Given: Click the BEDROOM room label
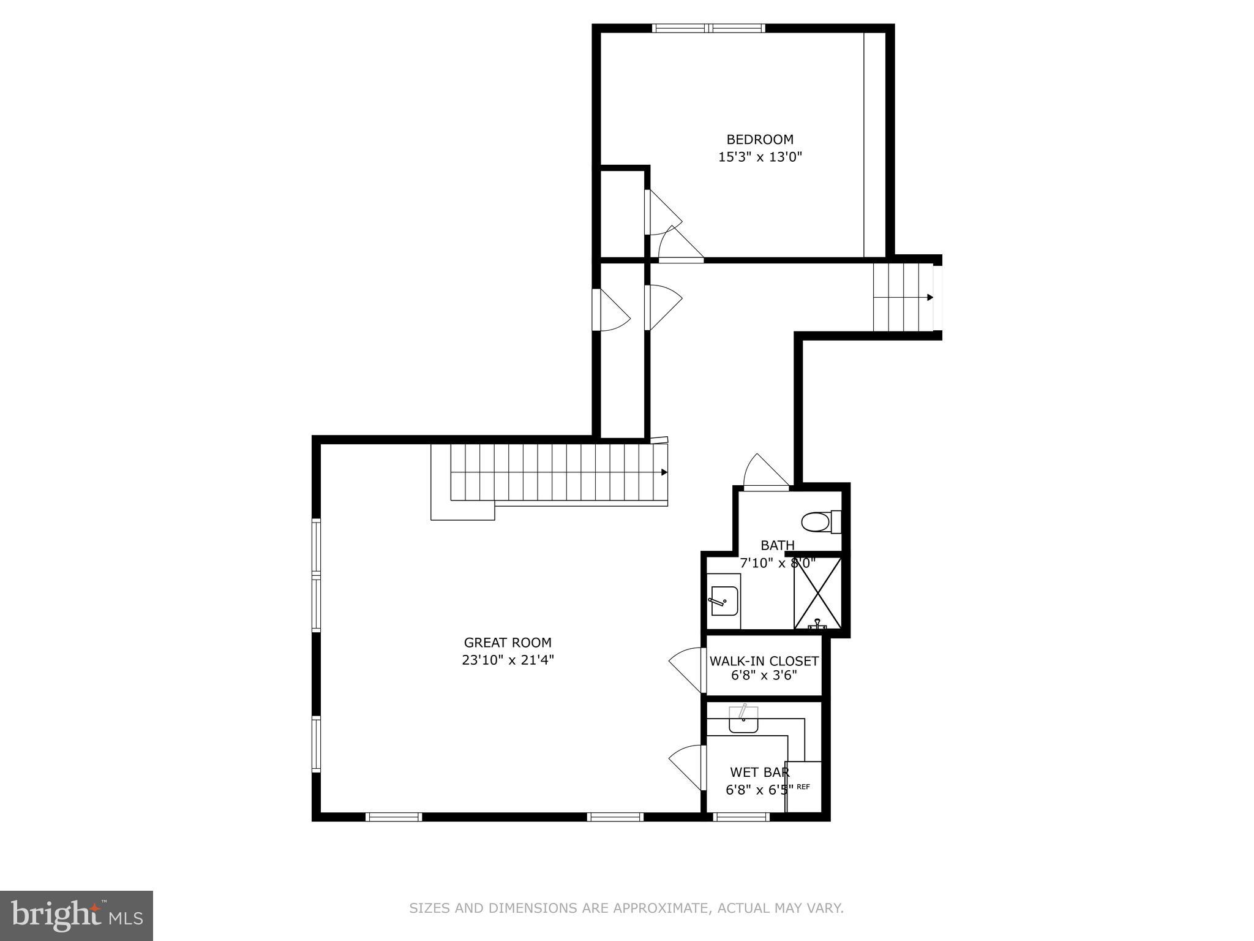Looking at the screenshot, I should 760,140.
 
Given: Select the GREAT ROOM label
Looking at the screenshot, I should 508,643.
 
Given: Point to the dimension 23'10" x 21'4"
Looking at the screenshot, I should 508,660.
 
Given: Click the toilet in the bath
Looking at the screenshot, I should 820,523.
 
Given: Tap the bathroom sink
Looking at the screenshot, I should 724,601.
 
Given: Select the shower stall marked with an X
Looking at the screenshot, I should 817,593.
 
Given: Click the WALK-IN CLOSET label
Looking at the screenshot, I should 764,662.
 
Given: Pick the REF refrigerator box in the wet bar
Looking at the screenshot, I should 803,787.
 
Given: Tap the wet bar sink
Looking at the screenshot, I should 743,720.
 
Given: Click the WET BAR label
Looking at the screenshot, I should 759,773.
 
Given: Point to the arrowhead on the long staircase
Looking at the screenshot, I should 664,472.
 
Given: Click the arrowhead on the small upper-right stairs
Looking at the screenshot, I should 930,298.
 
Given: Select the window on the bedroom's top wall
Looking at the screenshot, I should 708,28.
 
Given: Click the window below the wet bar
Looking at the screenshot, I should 742,817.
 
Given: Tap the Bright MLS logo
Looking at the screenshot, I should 76,915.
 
